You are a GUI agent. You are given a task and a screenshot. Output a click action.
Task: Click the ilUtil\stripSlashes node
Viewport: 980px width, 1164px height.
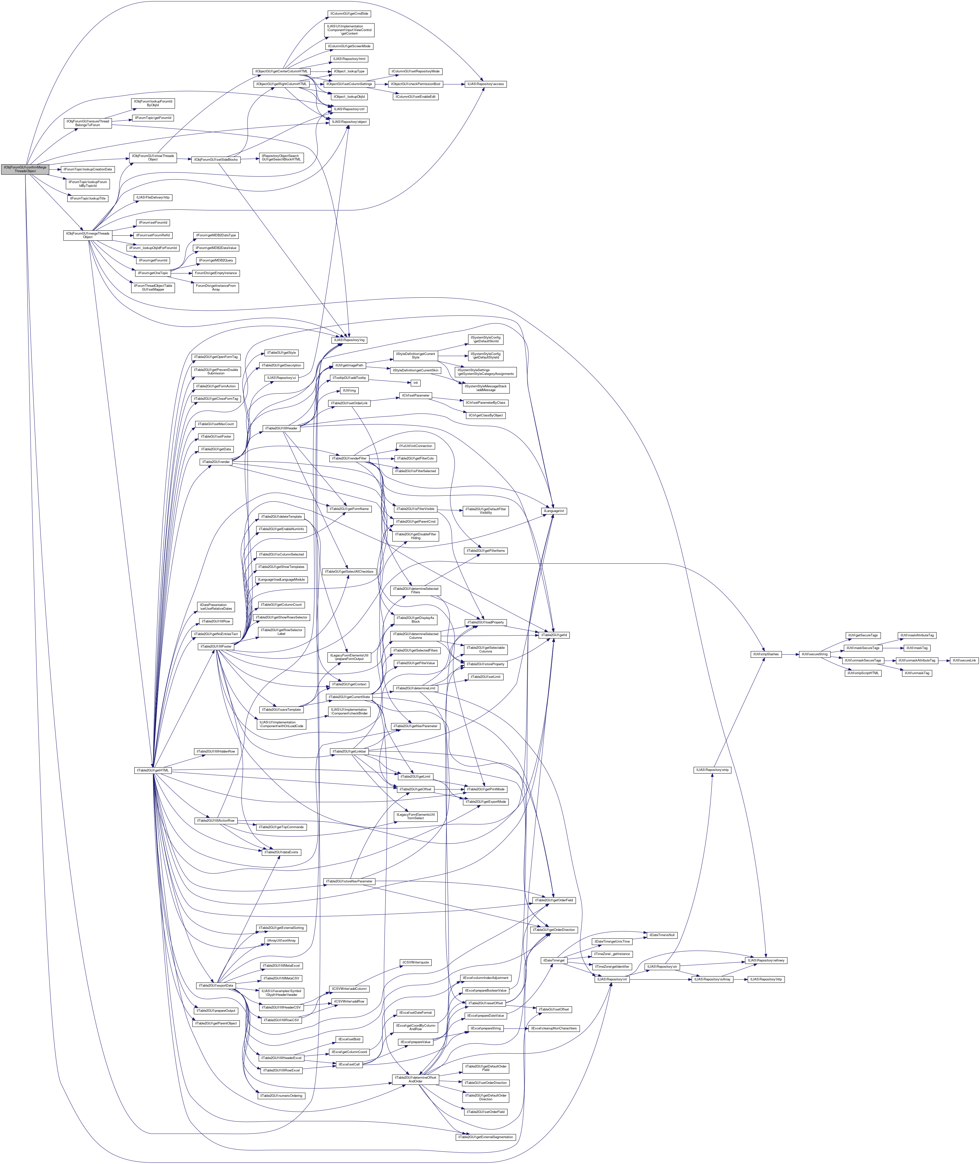766,654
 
